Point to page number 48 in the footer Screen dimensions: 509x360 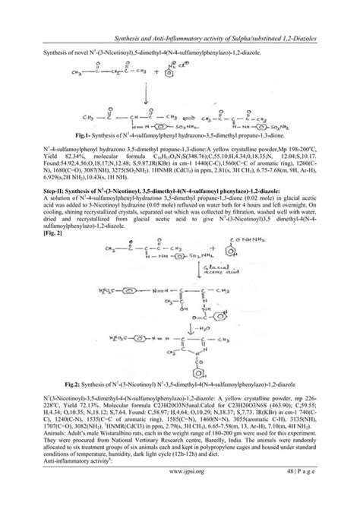coord(291,491)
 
